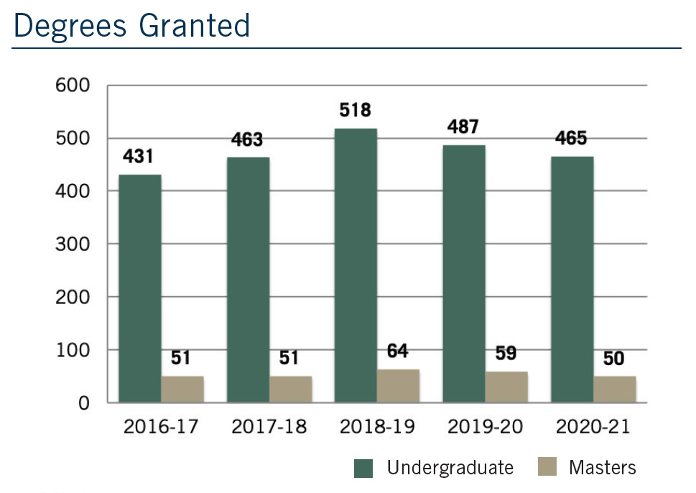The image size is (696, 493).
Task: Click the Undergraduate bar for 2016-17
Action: pyautogui.click(x=140, y=287)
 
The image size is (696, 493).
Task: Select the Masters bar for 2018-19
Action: pyautogui.click(x=398, y=386)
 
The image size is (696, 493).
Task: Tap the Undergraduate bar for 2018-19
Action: pyautogui.click(x=356, y=266)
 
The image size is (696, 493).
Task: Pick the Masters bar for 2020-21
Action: pyautogui.click(x=614, y=389)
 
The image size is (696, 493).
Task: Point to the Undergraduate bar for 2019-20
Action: pyautogui.click(x=464, y=273)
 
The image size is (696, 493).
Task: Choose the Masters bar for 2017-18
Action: pyautogui.click(x=290, y=389)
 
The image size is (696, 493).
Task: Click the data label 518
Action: pyautogui.click(x=356, y=111)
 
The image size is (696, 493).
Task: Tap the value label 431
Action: pyautogui.click(x=139, y=157)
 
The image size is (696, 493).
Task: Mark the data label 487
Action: pyautogui.click(x=464, y=127)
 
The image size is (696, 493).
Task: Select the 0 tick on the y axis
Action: pyautogui.click(x=84, y=403)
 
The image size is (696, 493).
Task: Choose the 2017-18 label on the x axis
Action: pyautogui.click(x=269, y=427)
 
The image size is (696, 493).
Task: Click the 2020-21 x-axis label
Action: pyautogui.click(x=593, y=427)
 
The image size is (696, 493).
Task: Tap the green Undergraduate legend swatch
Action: pyautogui.click(x=364, y=469)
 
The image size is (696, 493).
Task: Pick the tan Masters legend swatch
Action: pyautogui.click(x=547, y=469)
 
